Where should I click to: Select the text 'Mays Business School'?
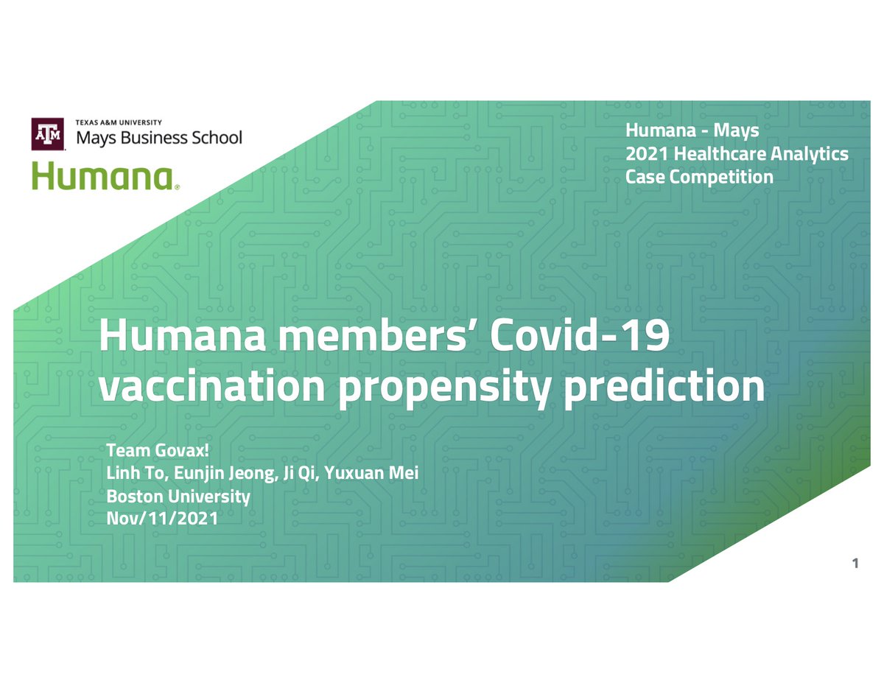[159, 138]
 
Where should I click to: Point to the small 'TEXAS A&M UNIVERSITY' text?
[119, 122]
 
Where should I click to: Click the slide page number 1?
[855, 564]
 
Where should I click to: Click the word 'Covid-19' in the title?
[580, 337]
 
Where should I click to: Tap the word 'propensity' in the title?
[443, 388]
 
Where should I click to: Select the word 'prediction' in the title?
[663, 388]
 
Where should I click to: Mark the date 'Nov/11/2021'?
[162, 519]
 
